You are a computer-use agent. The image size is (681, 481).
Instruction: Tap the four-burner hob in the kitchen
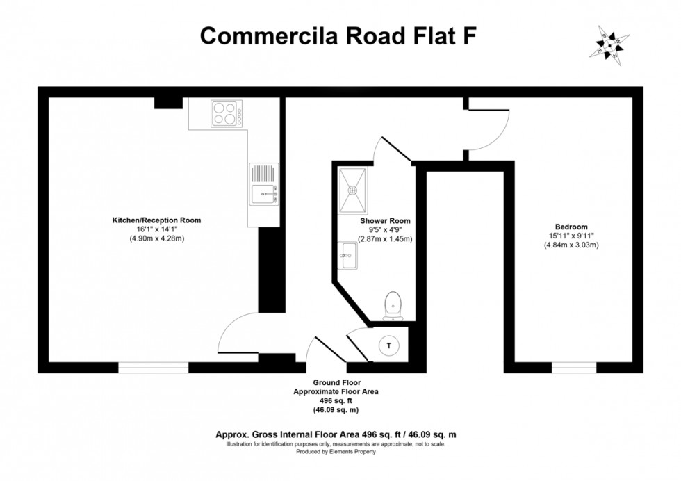pos(227,113)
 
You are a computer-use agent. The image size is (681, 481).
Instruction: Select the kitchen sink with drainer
pos(265,184)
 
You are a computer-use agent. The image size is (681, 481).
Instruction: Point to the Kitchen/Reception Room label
pos(156,220)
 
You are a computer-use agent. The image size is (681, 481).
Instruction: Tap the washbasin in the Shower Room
pos(347,256)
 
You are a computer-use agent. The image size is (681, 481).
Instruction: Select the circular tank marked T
pos(389,345)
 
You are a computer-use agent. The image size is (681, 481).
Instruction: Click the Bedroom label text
pos(571,227)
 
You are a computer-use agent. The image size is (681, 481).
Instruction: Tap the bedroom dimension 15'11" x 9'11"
pos(571,236)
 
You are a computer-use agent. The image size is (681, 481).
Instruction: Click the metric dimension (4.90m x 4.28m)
pos(156,238)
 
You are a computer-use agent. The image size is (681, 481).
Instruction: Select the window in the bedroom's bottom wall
pos(574,367)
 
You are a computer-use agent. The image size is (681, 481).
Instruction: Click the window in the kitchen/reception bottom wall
pos(153,367)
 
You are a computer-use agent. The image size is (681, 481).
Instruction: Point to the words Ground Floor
pos(336,383)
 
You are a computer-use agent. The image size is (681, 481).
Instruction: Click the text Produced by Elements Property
pos(336,452)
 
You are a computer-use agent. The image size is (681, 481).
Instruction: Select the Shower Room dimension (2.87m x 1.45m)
pos(385,238)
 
